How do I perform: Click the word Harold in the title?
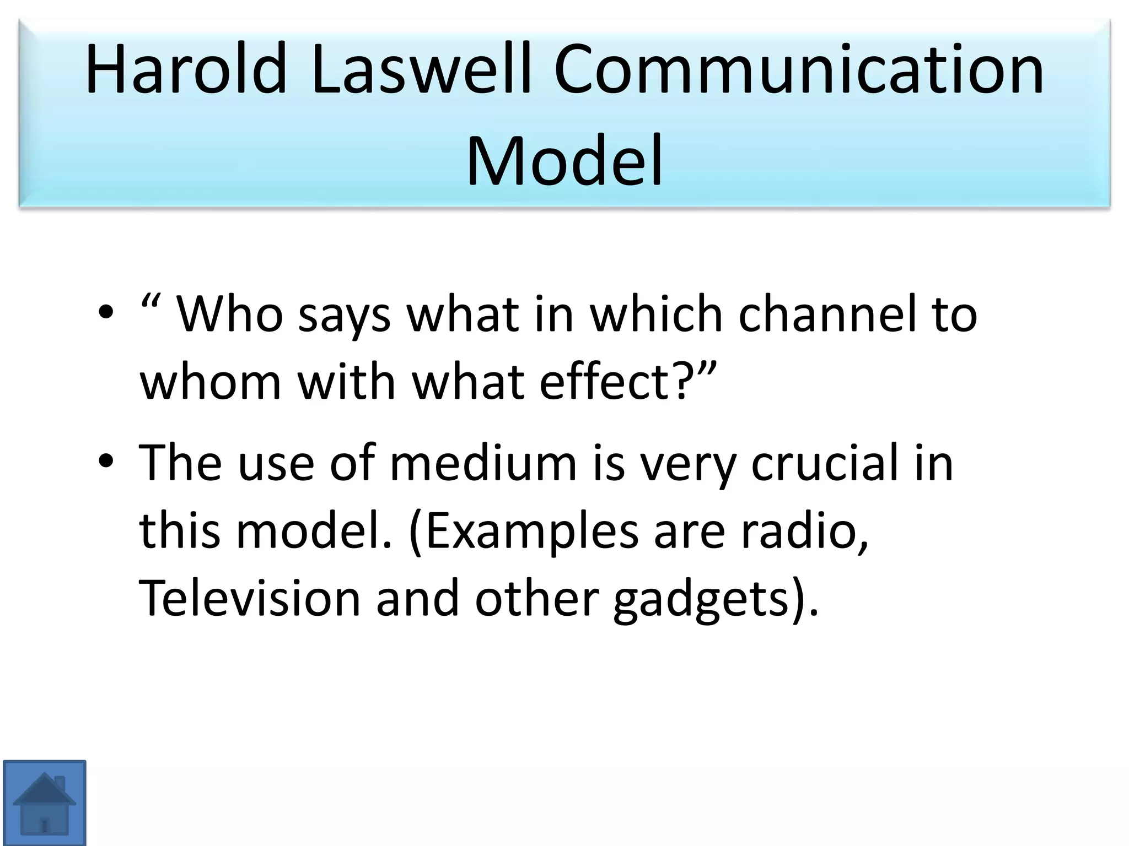186,70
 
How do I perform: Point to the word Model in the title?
564,160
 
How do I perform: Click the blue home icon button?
45,802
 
